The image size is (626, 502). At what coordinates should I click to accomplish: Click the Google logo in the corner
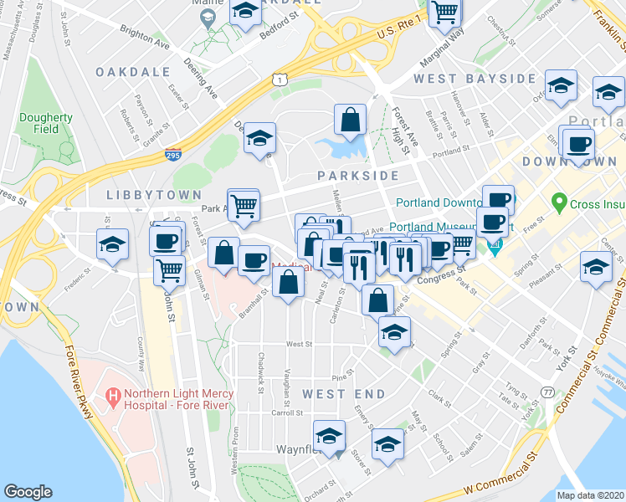point(28,492)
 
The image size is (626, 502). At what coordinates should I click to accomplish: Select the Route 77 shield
point(547,392)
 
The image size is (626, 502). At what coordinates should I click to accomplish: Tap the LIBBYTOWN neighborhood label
point(141,194)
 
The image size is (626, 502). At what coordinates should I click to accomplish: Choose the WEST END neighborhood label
point(336,393)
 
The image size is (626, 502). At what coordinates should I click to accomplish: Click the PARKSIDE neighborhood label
point(358,176)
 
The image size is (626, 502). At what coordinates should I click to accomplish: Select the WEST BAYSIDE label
point(475,79)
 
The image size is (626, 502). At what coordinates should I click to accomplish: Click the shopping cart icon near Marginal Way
point(445,12)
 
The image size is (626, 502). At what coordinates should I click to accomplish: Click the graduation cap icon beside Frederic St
point(113,244)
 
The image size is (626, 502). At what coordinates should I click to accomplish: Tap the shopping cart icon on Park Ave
point(244,203)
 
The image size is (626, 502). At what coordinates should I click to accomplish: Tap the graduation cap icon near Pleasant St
point(596,268)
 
